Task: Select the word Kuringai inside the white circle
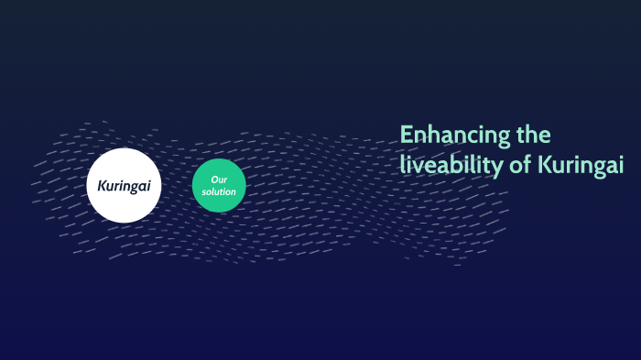[124, 186]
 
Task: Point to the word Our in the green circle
[219, 180]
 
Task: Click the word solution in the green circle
[220, 191]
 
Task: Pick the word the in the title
[533, 136]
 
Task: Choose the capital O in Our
[214, 180]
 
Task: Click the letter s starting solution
[206, 191]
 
